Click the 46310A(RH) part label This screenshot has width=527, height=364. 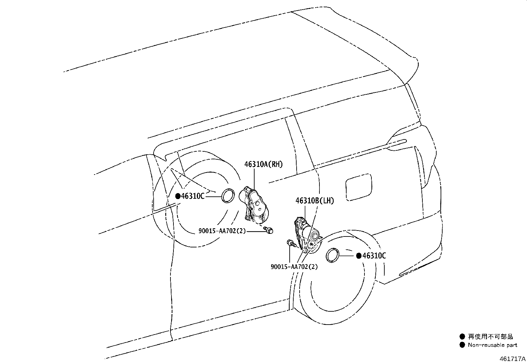click(x=264, y=164)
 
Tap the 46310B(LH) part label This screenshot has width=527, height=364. click(x=314, y=201)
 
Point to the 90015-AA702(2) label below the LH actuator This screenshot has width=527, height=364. click(x=294, y=267)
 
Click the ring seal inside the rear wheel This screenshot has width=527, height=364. click(x=332, y=255)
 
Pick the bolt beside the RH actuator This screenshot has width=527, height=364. click(x=269, y=230)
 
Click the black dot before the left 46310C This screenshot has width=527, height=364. click(x=178, y=196)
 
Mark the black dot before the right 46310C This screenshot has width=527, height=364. click(x=359, y=256)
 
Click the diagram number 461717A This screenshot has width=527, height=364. click(x=512, y=359)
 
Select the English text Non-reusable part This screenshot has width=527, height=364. click(x=492, y=345)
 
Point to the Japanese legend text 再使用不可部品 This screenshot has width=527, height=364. click(x=490, y=337)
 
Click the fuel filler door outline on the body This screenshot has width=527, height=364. click(x=359, y=187)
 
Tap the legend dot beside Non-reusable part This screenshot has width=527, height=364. click(x=462, y=345)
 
